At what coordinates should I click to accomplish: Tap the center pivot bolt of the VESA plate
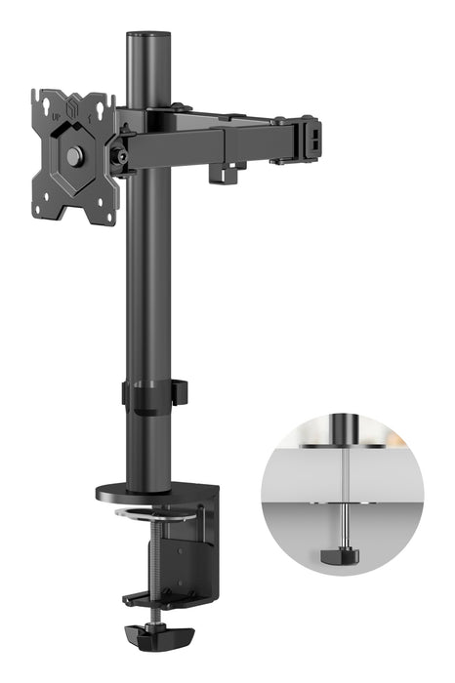74,156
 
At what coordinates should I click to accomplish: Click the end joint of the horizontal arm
307,137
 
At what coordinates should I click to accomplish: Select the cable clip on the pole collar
180,393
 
